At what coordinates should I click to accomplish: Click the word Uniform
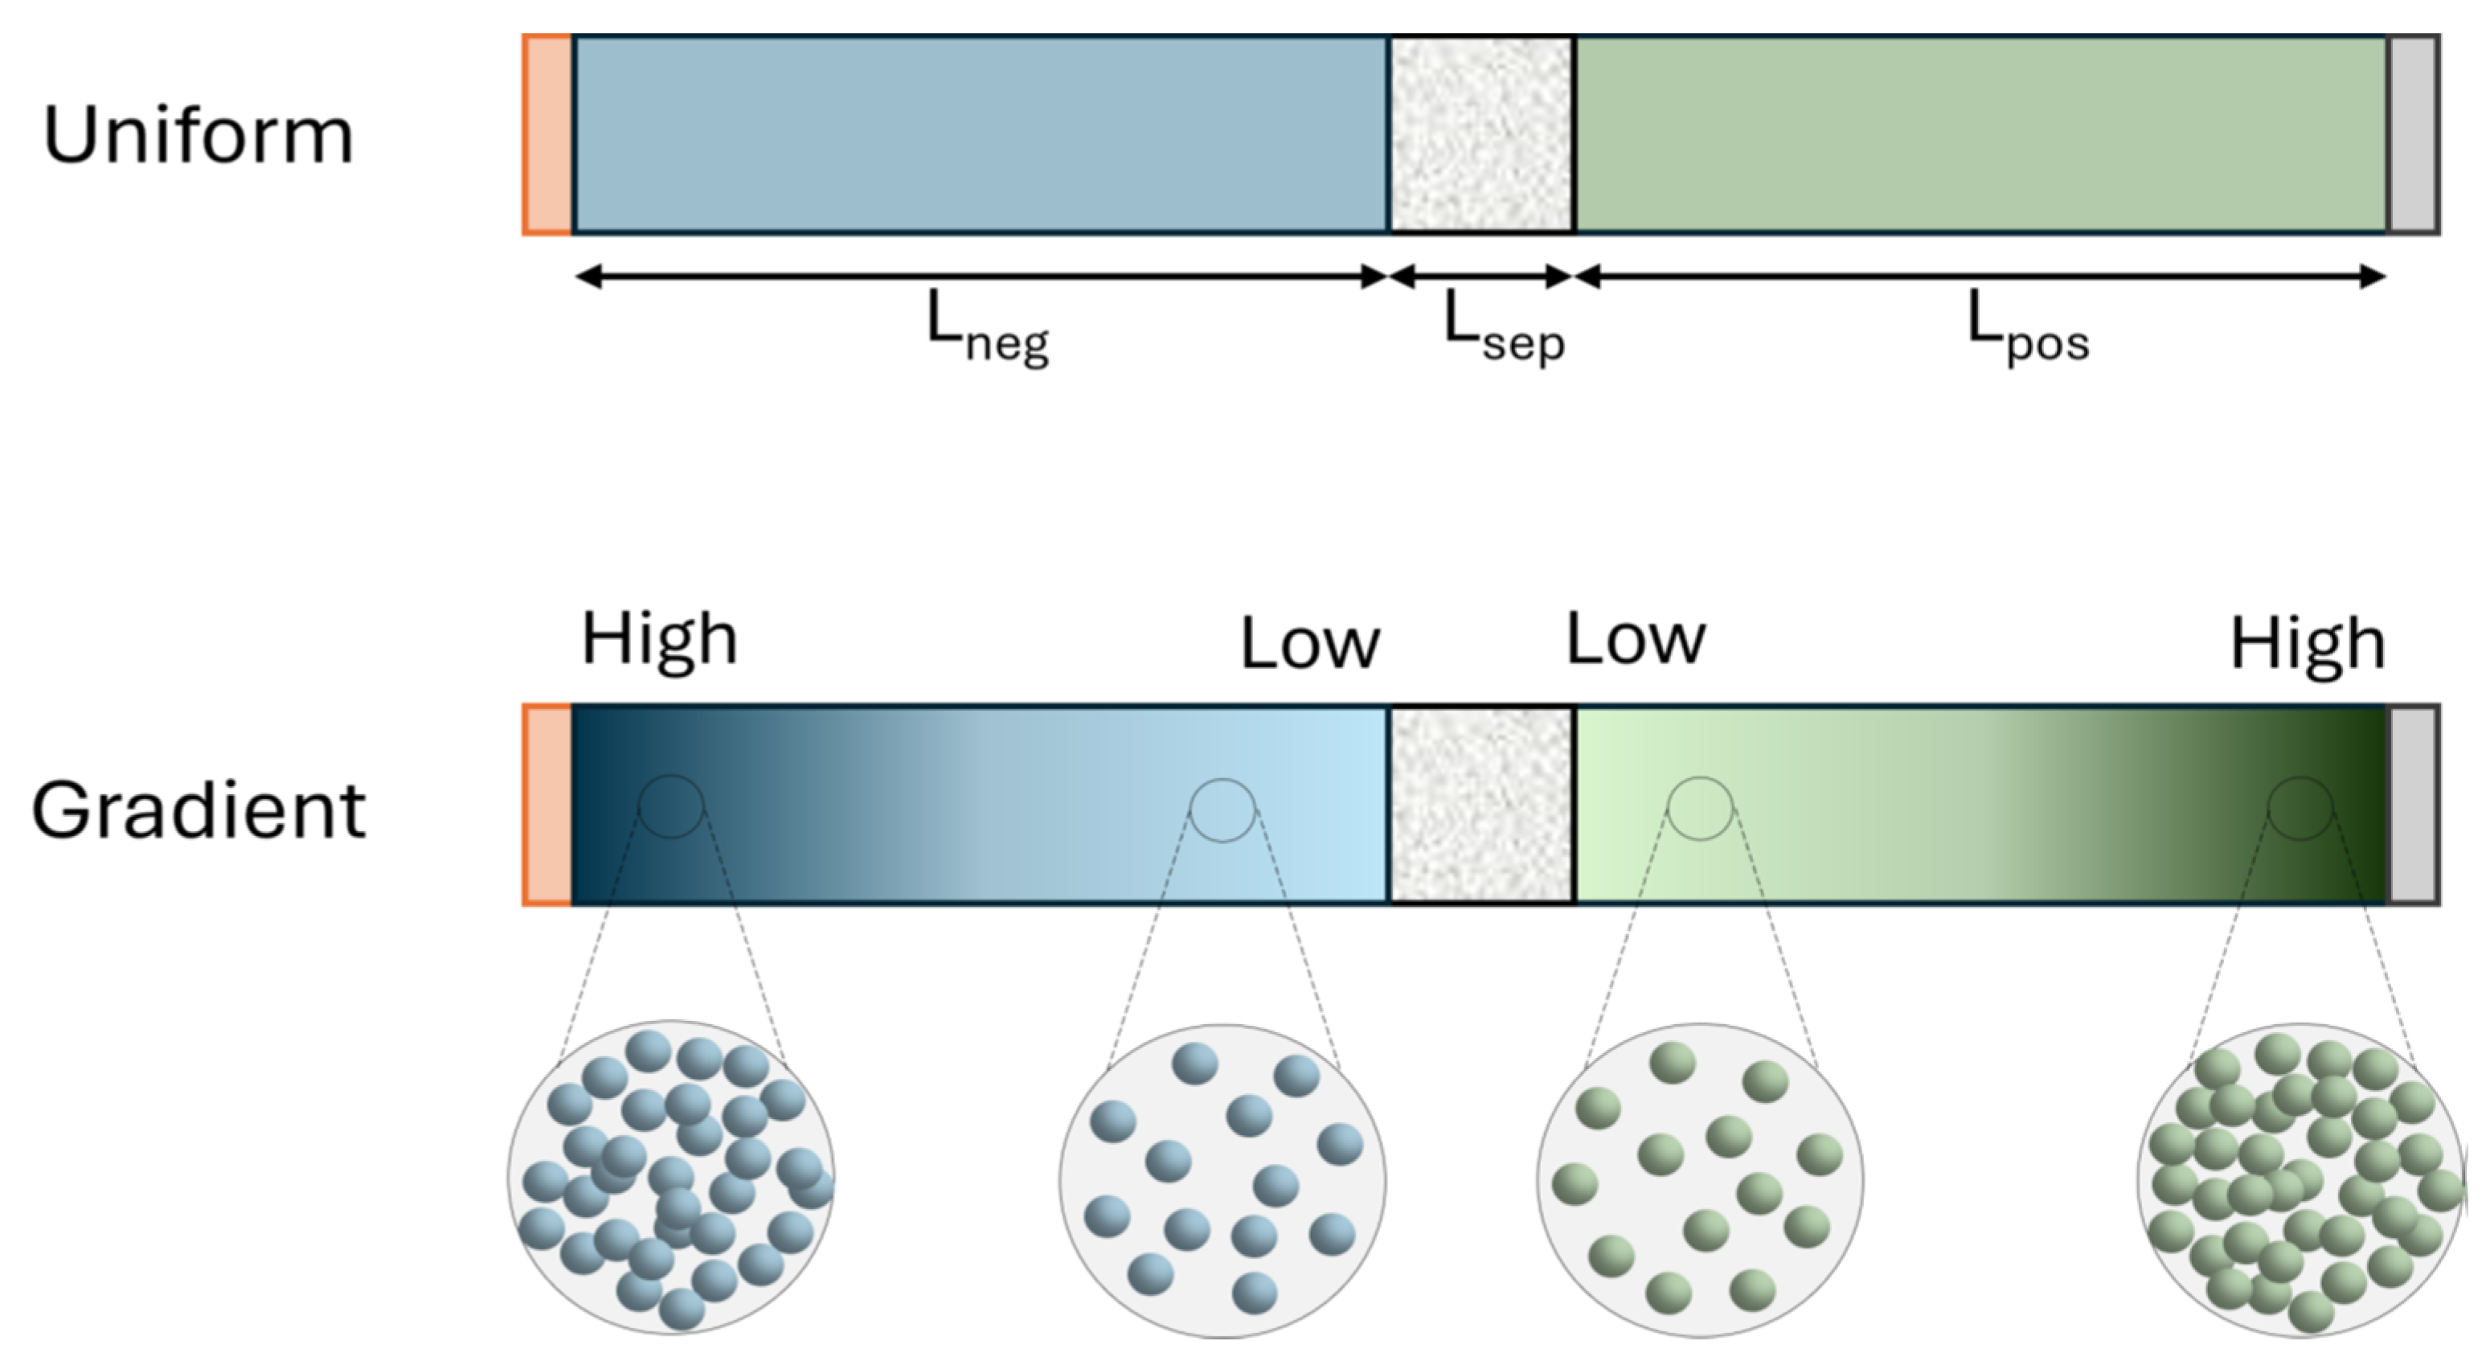198,135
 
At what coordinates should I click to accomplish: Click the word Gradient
198,811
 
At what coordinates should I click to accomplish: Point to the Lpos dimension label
2026,328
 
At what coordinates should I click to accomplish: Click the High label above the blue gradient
659,639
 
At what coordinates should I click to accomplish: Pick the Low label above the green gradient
1635,639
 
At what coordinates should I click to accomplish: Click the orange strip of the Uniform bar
547,135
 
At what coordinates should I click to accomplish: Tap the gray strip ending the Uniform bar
2413,135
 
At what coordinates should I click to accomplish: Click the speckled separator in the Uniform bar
1481,135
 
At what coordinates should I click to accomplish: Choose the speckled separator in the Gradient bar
1481,805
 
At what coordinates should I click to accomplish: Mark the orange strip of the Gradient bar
547,805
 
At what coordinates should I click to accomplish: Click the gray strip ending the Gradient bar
2413,805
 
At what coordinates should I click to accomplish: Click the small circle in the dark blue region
670,806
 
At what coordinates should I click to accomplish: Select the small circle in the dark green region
2300,809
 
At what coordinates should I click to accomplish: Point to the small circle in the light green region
1699,809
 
